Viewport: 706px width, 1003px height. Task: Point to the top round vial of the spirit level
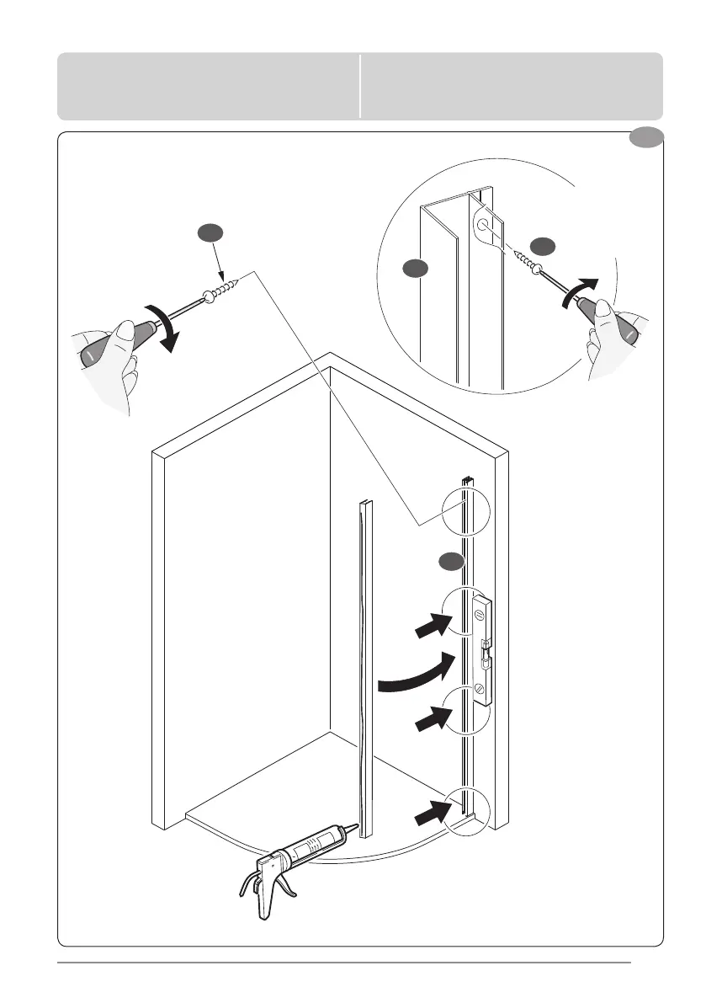[479, 615]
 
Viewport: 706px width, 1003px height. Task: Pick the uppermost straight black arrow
[430, 625]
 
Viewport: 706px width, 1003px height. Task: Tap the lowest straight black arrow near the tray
[430, 814]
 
